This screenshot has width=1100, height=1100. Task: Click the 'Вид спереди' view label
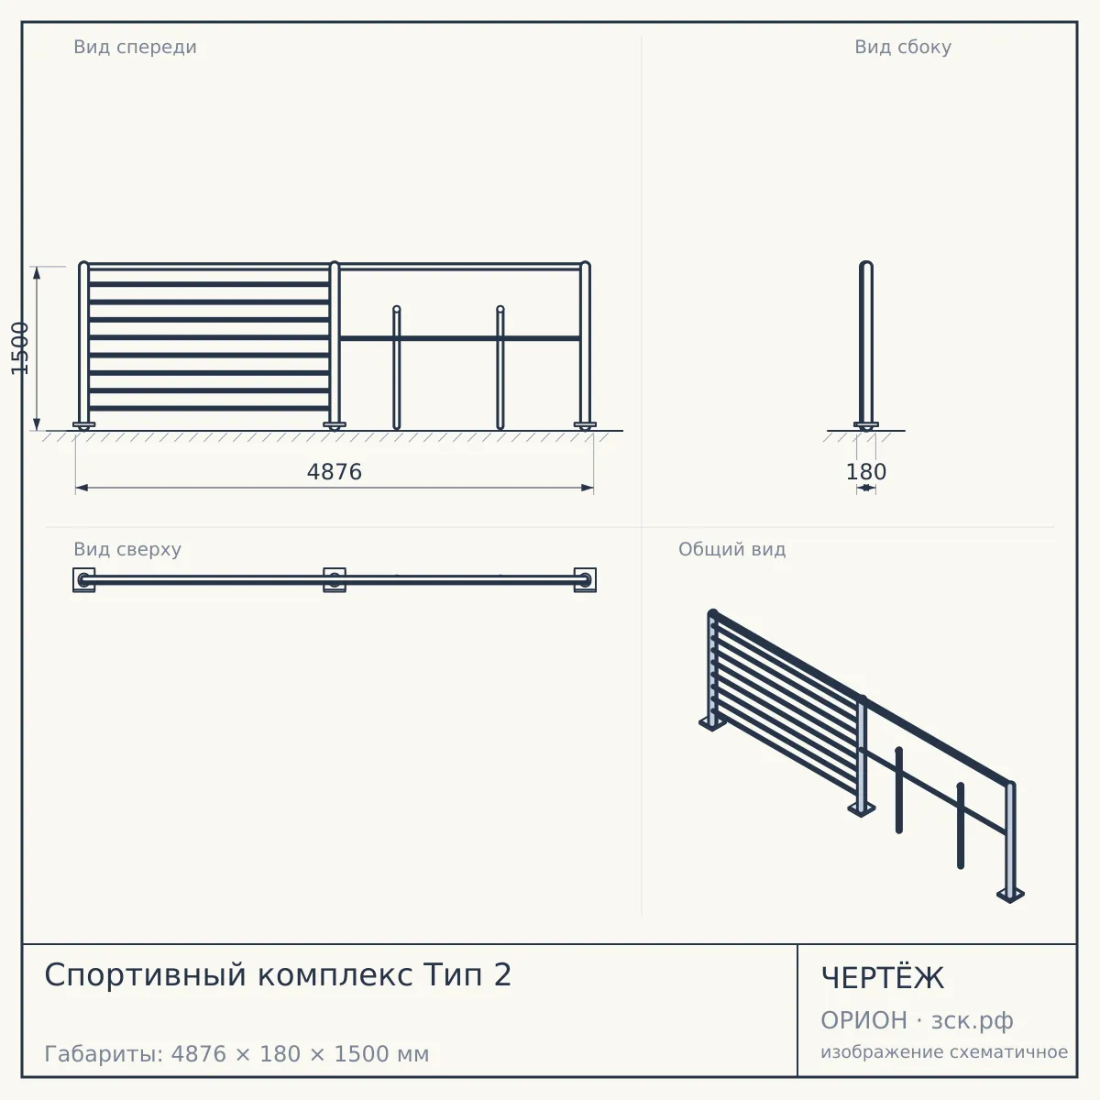[136, 47]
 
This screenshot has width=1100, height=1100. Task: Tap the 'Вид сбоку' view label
[903, 47]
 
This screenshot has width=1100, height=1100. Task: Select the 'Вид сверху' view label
[127, 549]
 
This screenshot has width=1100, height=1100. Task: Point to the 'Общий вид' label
[731, 549]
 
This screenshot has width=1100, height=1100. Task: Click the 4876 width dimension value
[335, 472]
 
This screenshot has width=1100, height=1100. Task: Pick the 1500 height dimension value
[20, 348]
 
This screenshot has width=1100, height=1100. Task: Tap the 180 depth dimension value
[866, 472]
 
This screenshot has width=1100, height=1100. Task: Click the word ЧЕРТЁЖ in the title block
[883, 978]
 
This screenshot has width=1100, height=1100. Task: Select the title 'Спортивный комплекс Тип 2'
[278, 974]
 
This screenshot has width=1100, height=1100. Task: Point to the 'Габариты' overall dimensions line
[236, 1054]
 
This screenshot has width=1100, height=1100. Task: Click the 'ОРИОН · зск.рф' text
[917, 1020]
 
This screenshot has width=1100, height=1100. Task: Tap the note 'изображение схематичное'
[944, 1051]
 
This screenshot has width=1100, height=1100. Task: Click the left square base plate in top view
[84, 580]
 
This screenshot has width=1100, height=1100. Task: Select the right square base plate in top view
[585, 580]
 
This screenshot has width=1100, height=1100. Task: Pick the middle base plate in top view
[335, 580]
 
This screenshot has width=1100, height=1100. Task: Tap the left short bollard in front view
[397, 368]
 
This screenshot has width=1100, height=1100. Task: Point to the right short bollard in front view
[500, 368]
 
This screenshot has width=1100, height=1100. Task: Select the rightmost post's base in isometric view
[1010, 895]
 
